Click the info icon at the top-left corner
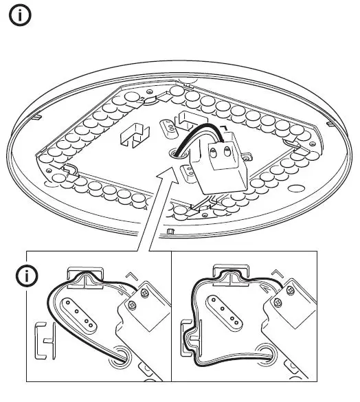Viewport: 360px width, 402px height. [19, 17]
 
